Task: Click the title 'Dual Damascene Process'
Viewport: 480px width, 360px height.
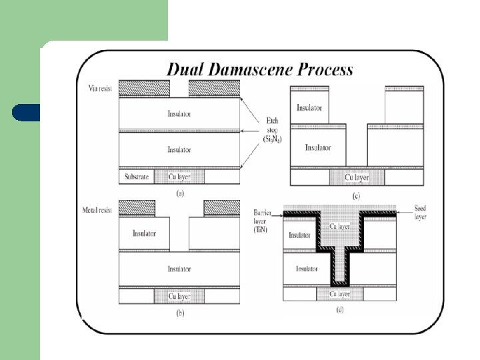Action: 260,69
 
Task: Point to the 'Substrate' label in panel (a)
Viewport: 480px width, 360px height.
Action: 137,177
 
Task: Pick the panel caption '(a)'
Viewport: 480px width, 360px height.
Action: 179,193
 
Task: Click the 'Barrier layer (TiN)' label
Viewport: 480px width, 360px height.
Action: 262,219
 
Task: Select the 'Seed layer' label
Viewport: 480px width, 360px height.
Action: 421,212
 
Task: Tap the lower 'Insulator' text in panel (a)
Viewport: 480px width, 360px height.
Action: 179,149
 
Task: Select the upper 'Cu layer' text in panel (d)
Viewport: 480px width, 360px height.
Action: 339,227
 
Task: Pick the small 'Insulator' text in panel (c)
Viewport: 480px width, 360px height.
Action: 309,107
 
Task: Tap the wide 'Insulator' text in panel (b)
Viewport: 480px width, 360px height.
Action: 179,269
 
